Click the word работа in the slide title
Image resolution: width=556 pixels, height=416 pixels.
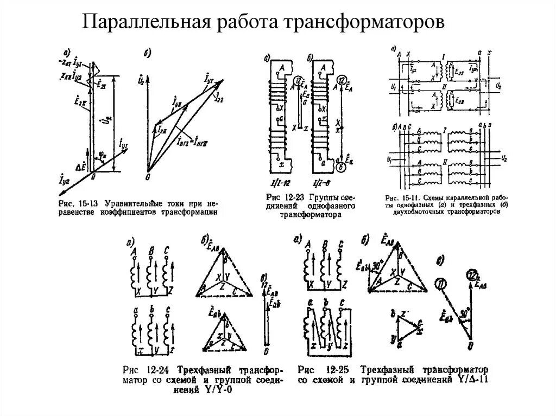coord(241,22)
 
